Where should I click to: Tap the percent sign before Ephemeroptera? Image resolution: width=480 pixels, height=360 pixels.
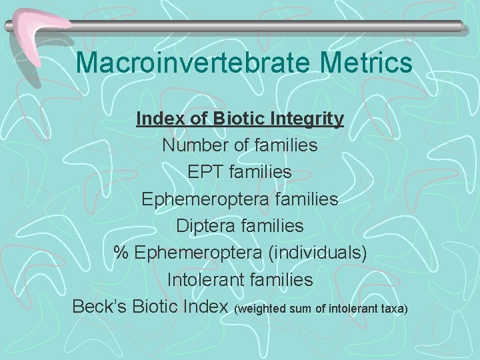(121, 253)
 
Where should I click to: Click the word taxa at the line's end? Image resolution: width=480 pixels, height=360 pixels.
(392, 309)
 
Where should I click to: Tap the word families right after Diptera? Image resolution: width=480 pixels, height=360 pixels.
(273, 226)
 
